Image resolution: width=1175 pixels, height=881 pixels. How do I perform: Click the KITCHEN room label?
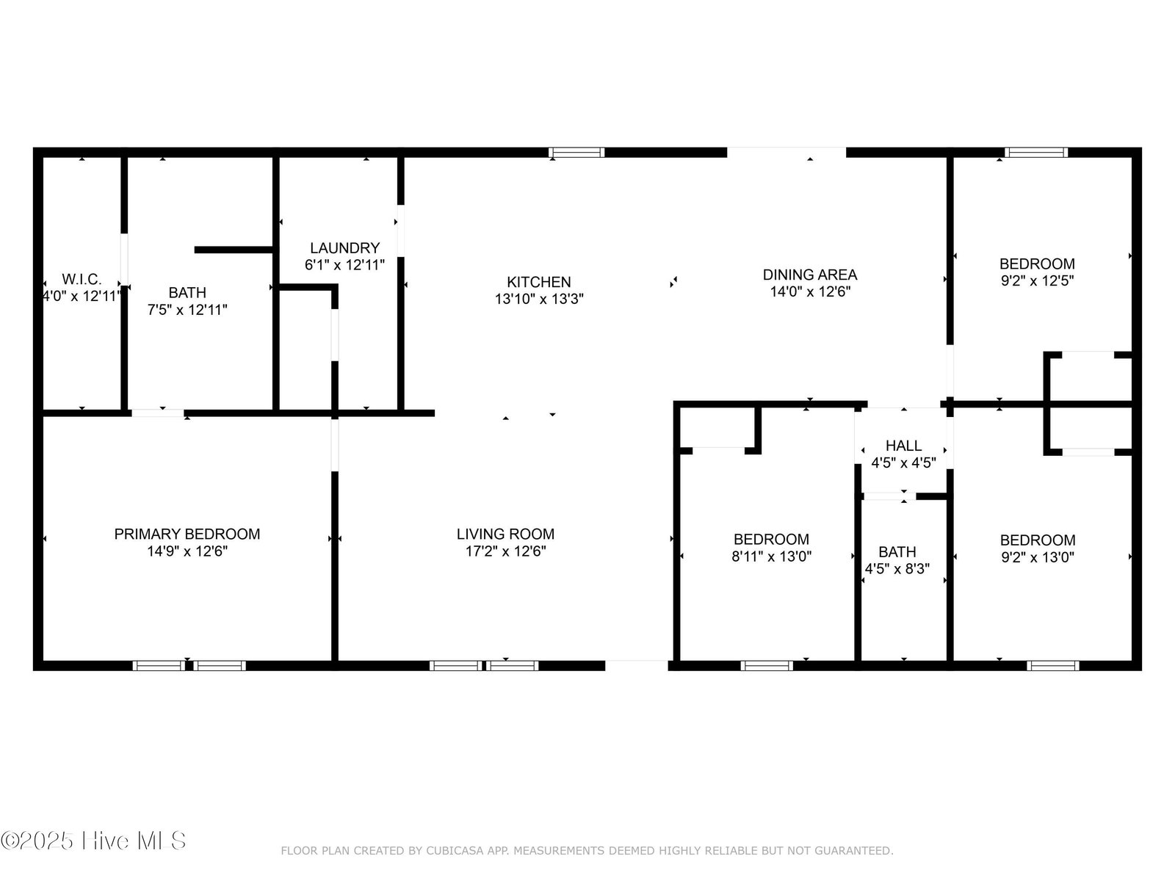(538, 282)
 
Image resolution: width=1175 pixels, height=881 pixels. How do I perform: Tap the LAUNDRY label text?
(344, 247)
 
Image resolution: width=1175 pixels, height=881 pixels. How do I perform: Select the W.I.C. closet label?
(82, 279)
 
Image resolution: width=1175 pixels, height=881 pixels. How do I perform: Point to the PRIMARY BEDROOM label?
(187, 534)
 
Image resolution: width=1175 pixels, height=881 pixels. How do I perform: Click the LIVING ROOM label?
(505, 534)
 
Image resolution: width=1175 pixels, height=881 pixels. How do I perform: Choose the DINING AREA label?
(810, 275)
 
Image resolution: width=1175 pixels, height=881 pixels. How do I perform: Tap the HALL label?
(903, 446)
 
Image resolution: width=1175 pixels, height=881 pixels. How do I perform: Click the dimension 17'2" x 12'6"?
(505, 551)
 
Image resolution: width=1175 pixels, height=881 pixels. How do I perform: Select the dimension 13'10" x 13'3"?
(538, 299)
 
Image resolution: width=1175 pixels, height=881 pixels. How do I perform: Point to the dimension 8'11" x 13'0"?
(771, 556)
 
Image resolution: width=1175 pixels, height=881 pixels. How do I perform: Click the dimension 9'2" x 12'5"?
(1038, 280)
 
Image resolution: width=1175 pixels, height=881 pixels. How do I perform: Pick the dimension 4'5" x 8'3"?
(897, 568)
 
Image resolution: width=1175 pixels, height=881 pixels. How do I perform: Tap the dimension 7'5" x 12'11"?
(187, 310)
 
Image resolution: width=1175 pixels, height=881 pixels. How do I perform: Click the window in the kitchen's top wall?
(576, 153)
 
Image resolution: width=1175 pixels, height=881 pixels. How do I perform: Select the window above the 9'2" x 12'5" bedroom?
(1035, 153)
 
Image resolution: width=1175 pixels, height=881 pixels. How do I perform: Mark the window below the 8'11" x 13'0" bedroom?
(767, 666)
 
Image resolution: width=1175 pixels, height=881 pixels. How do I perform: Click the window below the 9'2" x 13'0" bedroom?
(1053, 666)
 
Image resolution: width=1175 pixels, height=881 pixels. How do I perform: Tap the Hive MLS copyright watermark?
(93, 841)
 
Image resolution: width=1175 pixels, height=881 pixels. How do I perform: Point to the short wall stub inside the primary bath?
(234, 250)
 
